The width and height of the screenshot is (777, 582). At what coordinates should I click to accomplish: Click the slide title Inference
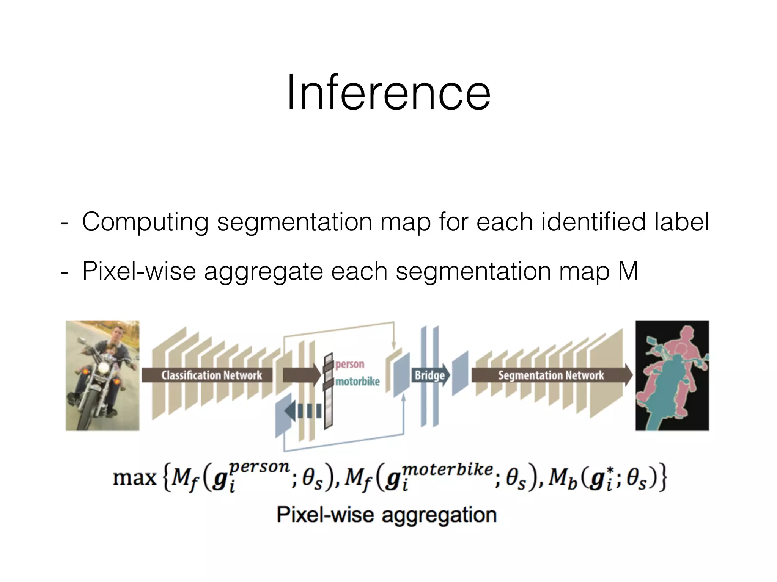[388, 93]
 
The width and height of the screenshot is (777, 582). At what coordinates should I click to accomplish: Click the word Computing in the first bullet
[145, 222]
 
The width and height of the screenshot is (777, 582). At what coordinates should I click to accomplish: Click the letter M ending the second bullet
[628, 271]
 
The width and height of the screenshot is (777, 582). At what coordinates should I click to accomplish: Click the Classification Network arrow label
[211, 375]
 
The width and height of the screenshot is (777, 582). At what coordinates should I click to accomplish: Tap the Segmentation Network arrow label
[551, 375]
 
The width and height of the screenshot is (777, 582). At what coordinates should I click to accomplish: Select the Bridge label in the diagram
[429, 375]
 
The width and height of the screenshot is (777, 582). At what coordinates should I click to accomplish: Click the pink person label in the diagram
[349, 365]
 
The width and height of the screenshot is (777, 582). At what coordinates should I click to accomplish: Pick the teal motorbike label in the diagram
[357, 382]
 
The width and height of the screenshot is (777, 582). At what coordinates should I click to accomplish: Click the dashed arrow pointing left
[304, 411]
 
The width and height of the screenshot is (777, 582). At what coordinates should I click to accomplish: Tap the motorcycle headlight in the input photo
[103, 369]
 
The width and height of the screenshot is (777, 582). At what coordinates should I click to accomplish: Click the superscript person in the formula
[260, 467]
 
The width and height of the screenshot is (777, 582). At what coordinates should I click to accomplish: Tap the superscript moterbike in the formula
[448, 470]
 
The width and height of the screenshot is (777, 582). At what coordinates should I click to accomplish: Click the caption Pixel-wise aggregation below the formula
[386, 515]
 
